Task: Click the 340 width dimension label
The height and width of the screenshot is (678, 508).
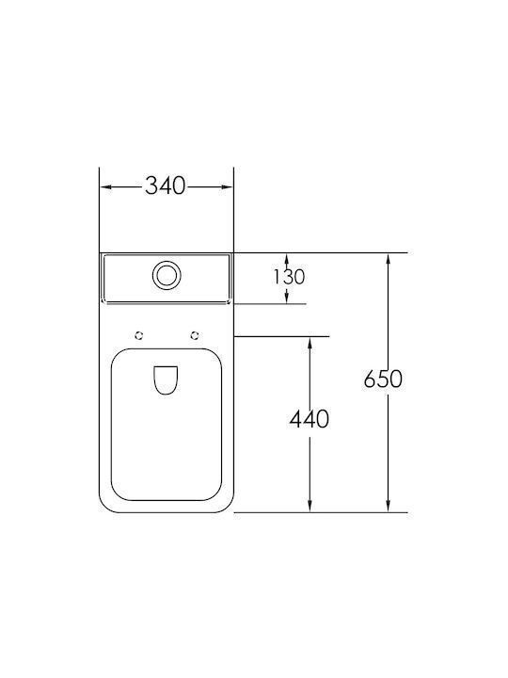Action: pyautogui.click(x=165, y=186)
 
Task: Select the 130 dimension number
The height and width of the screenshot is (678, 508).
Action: pyautogui.click(x=289, y=277)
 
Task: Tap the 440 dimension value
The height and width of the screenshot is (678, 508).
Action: pyautogui.click(x=310, y=419)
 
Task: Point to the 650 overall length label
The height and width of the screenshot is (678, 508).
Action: pyautogui.click(x=383, y=379)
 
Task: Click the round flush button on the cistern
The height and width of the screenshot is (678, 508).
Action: pyautogui.click(x=167, y=275)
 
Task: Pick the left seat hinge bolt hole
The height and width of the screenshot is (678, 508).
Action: pyautogui.click(x=139, y=335)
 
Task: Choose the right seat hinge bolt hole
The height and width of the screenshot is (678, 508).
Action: pyautogui.click(x=196, y=335)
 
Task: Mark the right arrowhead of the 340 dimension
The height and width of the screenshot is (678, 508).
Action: pyautogui.click(x=228, y=186)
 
